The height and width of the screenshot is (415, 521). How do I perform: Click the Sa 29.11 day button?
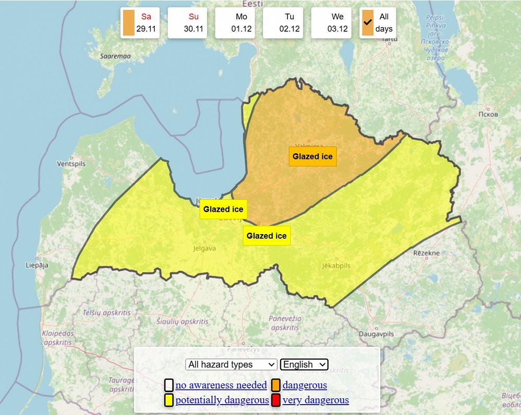pyautogui.click(x=139, y=23)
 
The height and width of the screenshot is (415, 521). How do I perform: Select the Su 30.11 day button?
pyautogui.click(x=187, y=23)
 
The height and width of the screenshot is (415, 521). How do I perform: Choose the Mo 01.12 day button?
pyautogui.click(x=235, y=23)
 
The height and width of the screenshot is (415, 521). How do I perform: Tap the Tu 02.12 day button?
pyautogui.click(x=283, y=23)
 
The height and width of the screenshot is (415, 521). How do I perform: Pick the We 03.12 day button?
pyautogui.click(x=331, y=23)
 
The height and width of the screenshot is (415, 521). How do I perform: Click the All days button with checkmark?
pyautogui.click(x=378, y=23)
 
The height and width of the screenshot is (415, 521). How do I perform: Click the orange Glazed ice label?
pyautogui.click(x=312, y=156)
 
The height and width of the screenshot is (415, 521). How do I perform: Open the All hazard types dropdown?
pyautogui.click(x=232, y=364)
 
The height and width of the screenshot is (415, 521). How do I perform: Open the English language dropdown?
pyautogui.click(x=304, y=364)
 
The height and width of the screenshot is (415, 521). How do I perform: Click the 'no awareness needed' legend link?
pyautogui.click(x=221, y=385)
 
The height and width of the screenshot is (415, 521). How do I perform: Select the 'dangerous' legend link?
pyautogui.click(x=305, y=385)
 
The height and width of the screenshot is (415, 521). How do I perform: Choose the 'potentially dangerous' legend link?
pyautogui.click(x=222, y=400)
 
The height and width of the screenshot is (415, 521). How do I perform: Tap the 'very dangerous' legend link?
pyautogui.click(x=316, y=400)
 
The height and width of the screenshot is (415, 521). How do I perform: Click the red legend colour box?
pyautogui.click(x=276, y=400)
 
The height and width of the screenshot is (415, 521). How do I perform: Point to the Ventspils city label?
pyautogui.click(x=71, y=164)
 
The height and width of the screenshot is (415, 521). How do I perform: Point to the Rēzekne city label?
pyautogui.click(x=427, y=253)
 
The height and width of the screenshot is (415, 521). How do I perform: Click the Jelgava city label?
pyautogui.click(x=204, y=248)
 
